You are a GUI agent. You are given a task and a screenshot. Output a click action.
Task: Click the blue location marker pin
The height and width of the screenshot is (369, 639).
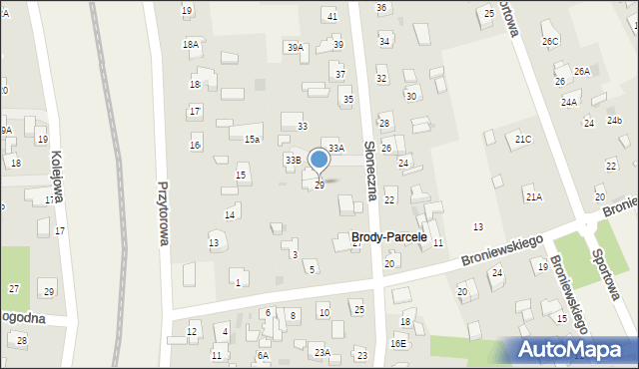pyautogui.click(x=319, y=160)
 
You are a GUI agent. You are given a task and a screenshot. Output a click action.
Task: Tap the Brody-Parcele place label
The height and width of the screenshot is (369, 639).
pyautogui.click(x=388, y=237)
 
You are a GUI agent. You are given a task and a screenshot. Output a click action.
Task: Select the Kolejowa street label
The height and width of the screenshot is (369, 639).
pyautogui.click(x=57, y=178)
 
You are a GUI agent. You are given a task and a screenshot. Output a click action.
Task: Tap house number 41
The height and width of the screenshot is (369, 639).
pyautogui.click(x=331, y=16)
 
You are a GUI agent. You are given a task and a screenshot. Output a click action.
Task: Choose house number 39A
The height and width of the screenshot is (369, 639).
pyautogui.click(x=295, y=48)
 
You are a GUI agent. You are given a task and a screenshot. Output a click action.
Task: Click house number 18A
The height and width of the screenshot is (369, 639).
pyautogui.click(x=191, y=45)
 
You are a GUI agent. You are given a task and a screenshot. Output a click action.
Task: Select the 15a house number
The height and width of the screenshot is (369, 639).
pyautogui.click(x=253, y=140)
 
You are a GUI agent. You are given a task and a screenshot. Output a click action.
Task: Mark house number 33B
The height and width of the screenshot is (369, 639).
pyautogui.click(x=293, y=160)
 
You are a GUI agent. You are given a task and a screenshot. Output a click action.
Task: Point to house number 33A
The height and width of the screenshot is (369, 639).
pyautogui.click(x=336, y=148)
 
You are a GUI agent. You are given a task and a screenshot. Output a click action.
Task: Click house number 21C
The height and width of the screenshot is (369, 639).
pyautogui.click(x=523, y=140)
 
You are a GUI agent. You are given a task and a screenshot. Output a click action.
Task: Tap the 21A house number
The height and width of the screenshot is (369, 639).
pyautogui.click(x=534, y=197)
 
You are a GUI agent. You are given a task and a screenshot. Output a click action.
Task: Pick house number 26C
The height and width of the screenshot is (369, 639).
pyautogui.click(x=550, y=41)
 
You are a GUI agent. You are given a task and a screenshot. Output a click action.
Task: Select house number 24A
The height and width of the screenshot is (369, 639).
pyautogui.click(x=569, y=103)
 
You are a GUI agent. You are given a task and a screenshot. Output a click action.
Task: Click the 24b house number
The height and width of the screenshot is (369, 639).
pyautogui.click(x=615, y=121)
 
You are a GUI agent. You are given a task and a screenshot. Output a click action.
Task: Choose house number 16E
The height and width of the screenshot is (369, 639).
pyautogui.click(x=398, y=343)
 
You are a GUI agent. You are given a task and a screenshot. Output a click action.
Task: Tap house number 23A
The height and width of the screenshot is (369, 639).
pyautogui.click(x=321, y=352)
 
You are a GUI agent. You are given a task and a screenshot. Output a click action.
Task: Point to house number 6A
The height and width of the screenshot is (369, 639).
pyautogui.click(x=263, y=355)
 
